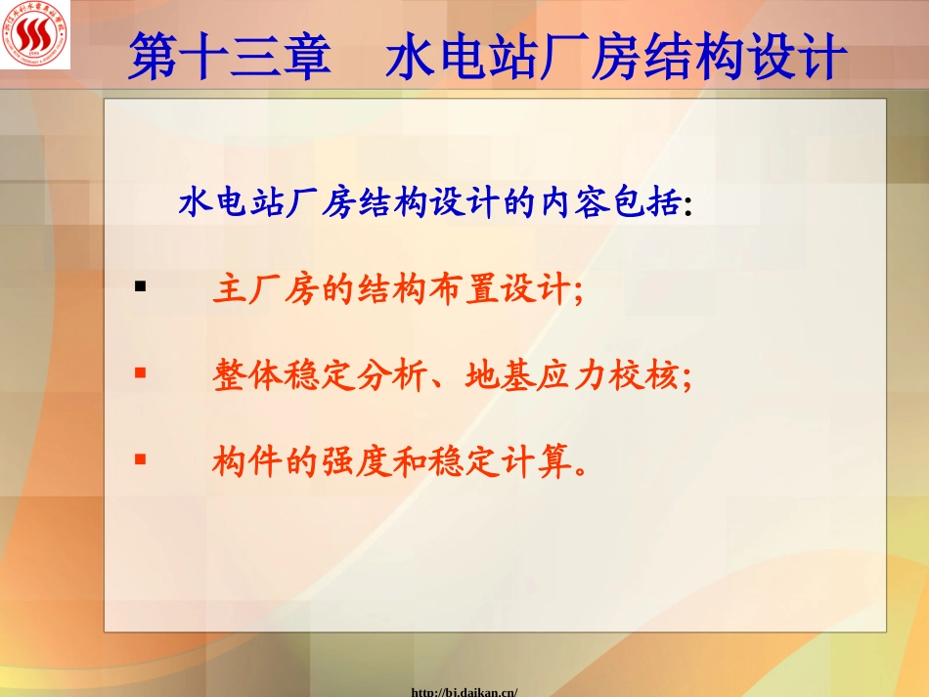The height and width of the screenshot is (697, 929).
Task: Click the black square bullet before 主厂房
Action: pos(140,287)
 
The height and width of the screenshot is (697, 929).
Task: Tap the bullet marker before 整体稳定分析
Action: pos(140,372)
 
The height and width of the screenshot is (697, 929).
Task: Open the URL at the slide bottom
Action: pos(464,691)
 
